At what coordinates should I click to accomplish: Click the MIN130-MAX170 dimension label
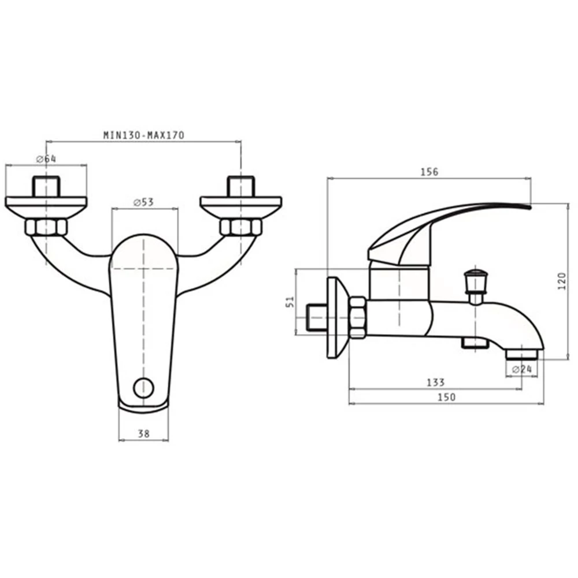click(x=143, y=135)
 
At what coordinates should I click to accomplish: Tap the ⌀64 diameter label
click(x=46, y=160)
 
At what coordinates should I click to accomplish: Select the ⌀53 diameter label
click(x=143, y=202)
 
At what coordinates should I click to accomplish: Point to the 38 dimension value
click(x=144, y=434)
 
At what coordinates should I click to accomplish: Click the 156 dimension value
click(x=429, y=172)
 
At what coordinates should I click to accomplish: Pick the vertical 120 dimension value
click(x=562, y=281)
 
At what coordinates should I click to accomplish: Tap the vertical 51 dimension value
click(x=291, y=302)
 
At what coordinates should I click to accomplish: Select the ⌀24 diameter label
click(x=522, y=369)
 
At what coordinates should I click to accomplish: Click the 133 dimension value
click(x=436, y=382)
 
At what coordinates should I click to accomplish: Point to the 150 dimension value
click(x=446, y=397)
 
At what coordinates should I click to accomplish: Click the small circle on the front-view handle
click(x=144, y=388)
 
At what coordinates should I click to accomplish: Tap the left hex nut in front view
click(x=46, y=227)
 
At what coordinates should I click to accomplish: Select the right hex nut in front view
click(x=240, y=227)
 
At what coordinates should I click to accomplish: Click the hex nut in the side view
click(x=358, y=318)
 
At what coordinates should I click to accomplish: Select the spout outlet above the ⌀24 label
click(x=521, y=355)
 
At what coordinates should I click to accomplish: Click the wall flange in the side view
click(x=338, y=317)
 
